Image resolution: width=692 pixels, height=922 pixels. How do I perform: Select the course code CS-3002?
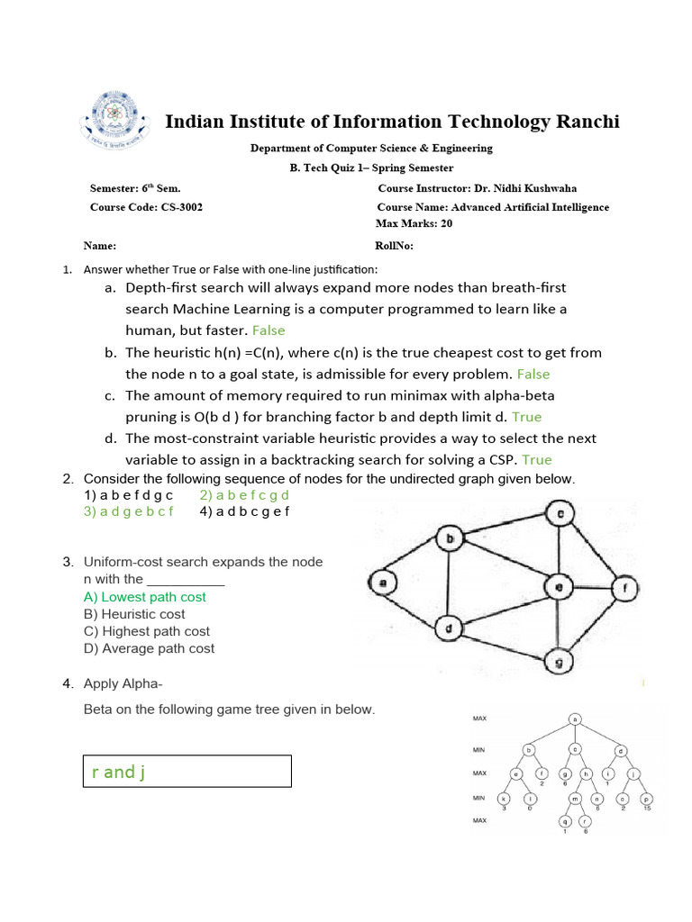pyautogui.click(x=183, y=207)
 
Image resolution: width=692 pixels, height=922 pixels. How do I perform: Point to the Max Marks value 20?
pyautogui.click(x=447, y=223)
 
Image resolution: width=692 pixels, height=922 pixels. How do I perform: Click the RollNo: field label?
pyautogui.click(x=394, y=246)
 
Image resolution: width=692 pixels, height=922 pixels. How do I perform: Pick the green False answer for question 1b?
pyautogui.click(x=533, y=374)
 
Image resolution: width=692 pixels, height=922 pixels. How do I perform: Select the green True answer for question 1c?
pyautogui.click(x=526, y=417)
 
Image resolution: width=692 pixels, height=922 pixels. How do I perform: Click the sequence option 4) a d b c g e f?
pyautogui.click(x=245, y=511)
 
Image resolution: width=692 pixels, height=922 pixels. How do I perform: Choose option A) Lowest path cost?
pyautogui.click(x=144, y=597)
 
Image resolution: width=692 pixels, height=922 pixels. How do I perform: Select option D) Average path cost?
pyautogui.click(x=149, y=648)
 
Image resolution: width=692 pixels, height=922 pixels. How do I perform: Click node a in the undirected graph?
pyautogui.click(x=383, y=583)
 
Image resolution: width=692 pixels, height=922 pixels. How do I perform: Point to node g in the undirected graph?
pyautogui.click(x=560, y=663)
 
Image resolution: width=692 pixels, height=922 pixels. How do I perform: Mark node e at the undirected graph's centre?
pyautogui.click(x=559, y=588)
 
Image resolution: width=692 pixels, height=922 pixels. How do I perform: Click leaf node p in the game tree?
pyautogui.click(x=645, y=799)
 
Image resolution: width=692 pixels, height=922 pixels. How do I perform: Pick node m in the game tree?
pyautogui.click(x=574, y=799)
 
